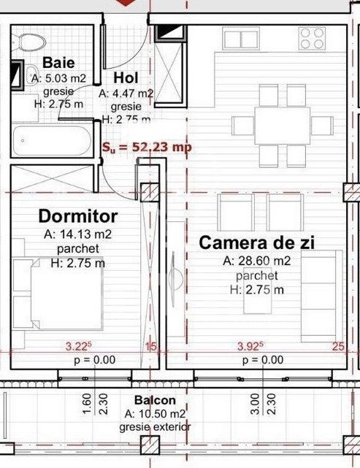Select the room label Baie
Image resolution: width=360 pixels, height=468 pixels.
click(x=58, y=63)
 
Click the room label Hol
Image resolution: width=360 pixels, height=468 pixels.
click(x=126, y=78)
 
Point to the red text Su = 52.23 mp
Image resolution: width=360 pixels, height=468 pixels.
click(x=147, y=147)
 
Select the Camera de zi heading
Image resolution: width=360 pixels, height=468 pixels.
click(x=257, y=243)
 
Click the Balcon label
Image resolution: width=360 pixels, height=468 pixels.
click(x=155, y=401)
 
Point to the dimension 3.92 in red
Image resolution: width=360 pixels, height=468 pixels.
click(x=250, y=347)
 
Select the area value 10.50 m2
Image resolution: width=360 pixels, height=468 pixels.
click(x=155, y=413)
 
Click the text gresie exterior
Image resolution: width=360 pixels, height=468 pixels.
click(x=155, y=426)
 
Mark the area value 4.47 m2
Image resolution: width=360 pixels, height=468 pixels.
click(x=126, y=93)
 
